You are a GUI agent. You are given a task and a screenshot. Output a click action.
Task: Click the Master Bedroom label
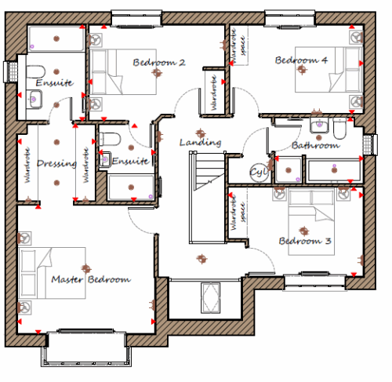pyautogui.click(x=91, y=279)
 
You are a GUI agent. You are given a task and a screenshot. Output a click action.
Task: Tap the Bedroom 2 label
pyautogui.click(x=159, y=62)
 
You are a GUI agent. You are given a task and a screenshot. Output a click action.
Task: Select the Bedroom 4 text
pyautogui.click(x=301, y=60)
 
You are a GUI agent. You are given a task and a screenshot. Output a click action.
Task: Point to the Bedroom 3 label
pyautogui.click(x=305, y=241)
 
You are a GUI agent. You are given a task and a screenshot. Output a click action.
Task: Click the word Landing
pyautogui.click(x=201, y=143)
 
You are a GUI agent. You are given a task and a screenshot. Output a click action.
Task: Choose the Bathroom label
pyautogui.click(x=316, y=145)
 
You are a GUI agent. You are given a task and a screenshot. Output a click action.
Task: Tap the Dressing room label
pyautogui.click(x=56, y=163)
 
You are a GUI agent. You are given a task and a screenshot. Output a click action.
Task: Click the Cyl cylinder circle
pyautogui.click(x=259, y=173)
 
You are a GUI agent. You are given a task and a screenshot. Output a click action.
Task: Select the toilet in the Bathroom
pyautogui.click(x=339, y=129)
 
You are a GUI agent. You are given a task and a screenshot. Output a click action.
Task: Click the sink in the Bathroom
pyautogui.click(x=319, y=126)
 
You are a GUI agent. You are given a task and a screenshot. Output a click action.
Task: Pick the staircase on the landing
pyautogui.click(x=207, y=198)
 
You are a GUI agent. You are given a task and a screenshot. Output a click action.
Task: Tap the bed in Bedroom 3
pyautogui.click(x=311, y=221)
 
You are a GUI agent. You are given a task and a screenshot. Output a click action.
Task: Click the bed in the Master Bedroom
pyautogui.click(x=53, y=273)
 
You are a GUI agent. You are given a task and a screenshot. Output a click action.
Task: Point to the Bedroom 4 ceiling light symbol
pyautogui.click(x=302, y=69)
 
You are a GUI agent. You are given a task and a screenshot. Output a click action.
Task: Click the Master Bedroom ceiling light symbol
pyautogui.click(x=85, y=268)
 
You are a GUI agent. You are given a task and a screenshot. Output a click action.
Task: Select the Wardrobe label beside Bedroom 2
pyautogui.click(x=214, y=93)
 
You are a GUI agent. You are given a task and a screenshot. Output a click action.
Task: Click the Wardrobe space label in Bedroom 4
pyautogui.click(x=238, y=45)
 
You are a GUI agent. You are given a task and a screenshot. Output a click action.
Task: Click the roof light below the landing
pyautogui.click(x=211, y=297)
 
